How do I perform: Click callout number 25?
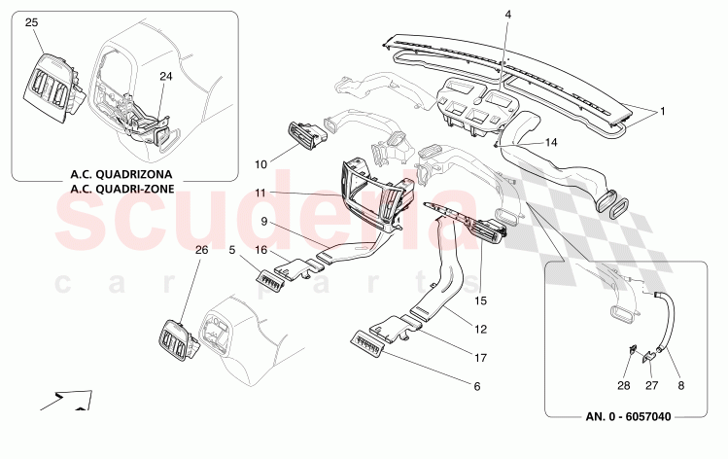tap(32, 21)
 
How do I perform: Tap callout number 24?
tap(165, 75)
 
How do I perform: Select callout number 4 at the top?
tap(507, 15)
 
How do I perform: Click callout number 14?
tap(551, 142)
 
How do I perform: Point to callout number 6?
tap(476, 386)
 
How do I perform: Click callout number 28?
tap(625, 385)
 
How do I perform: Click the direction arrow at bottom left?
tap(67, 399)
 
